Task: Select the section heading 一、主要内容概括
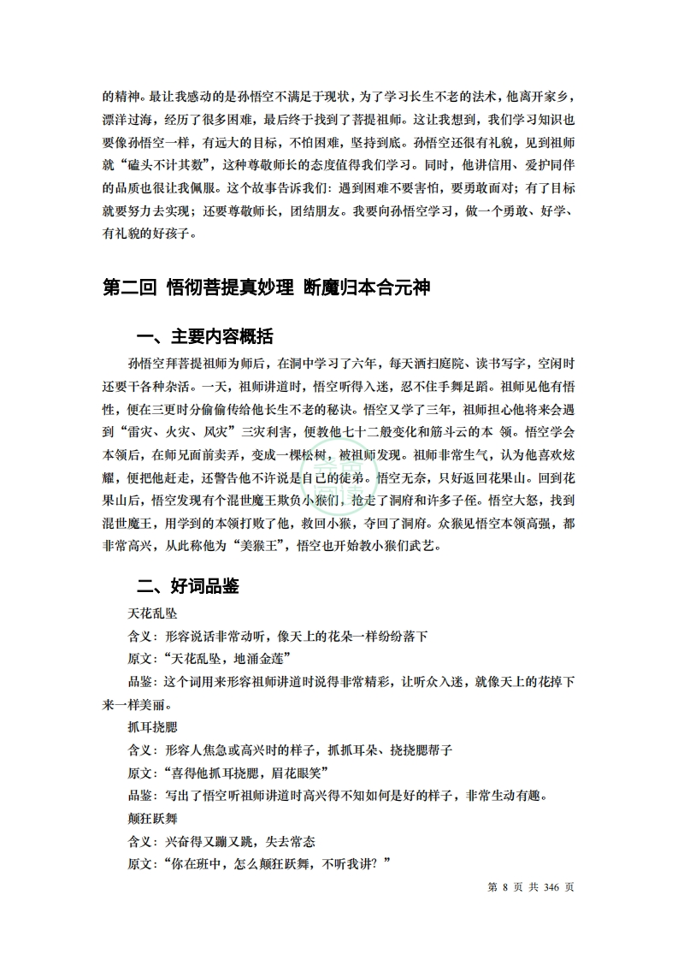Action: (x=206, y=335)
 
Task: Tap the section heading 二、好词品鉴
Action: (x=188, y=586)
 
